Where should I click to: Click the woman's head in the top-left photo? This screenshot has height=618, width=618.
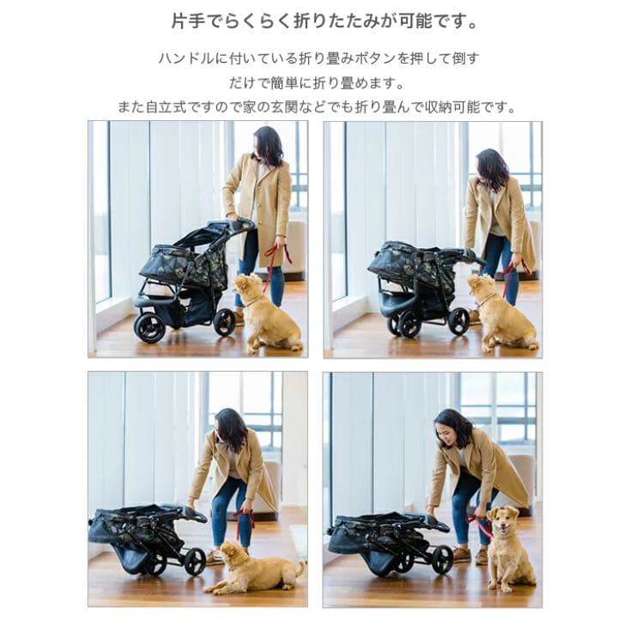pyautogui.click(x=268, y=144)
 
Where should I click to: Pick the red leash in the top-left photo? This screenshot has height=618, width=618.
pyautogui.click(x=275, y=257)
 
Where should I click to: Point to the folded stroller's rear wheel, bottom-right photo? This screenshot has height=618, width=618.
pyautogui.click(x=442, y=559)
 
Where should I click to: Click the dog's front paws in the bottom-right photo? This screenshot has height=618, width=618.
pyautogui.click(x=506, y=584)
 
